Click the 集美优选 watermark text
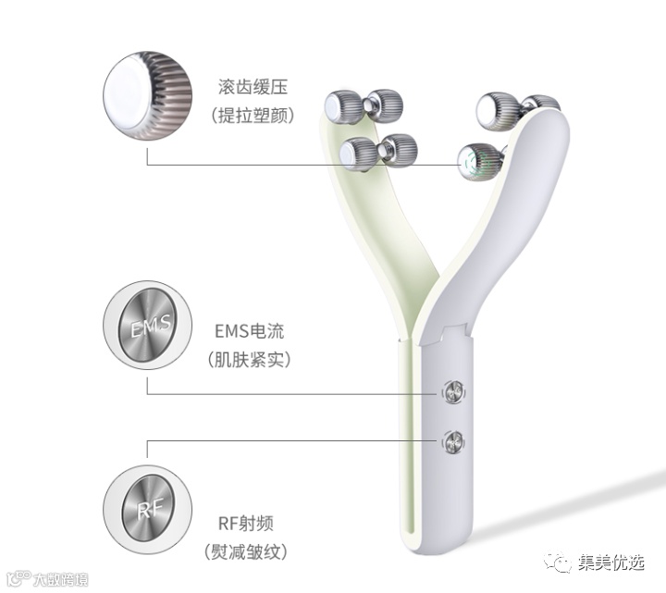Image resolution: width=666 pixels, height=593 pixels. tap(612, 562)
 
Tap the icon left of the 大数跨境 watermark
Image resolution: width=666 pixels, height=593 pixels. tap(14, 579)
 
